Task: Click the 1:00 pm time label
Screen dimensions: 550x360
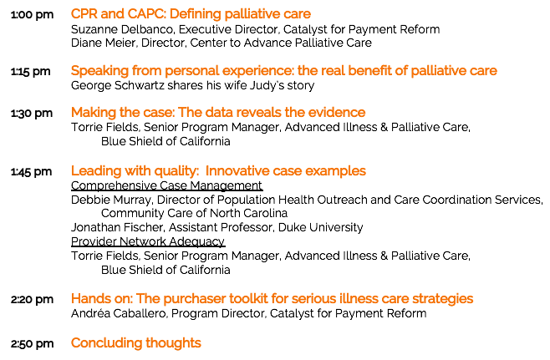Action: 32,15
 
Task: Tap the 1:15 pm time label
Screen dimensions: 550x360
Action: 31,72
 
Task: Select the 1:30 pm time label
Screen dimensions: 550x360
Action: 32,114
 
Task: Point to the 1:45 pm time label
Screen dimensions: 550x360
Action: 31,172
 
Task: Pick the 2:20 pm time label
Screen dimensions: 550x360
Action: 32,300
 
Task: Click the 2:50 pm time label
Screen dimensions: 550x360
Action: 32,344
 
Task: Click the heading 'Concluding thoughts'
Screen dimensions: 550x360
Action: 136,342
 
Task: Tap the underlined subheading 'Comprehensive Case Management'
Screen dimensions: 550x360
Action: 166,185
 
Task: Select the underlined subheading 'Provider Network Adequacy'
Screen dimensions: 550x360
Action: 148,241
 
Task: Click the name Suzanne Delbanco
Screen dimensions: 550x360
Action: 122,29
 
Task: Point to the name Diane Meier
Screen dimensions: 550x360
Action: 103,43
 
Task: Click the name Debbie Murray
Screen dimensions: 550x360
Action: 111,200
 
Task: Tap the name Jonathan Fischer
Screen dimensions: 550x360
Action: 117,227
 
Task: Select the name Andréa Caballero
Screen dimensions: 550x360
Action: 119,313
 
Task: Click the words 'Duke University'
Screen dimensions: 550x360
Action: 321,227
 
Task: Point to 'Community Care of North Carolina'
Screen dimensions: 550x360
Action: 194,213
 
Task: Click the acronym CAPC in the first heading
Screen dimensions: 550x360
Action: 146,14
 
